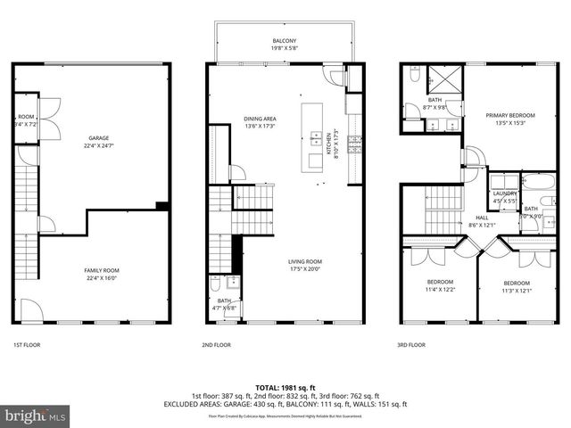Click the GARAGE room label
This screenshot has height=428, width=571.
[x=99, y=138]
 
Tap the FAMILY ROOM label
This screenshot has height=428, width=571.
[x=101, y=270]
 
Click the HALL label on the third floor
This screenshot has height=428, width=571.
[x=481, y=217]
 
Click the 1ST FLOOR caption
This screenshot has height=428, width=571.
[x=27, y=344]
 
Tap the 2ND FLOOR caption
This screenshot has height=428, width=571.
[x=217, y=344]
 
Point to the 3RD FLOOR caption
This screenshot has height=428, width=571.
[x=411, y=344]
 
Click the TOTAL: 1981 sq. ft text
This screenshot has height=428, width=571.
[x=285, y=387]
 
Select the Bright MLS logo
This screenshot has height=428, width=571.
[x=36, y=416]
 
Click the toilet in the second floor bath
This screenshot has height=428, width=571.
[x=216, y=287]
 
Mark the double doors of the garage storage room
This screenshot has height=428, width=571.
[x=49, y=121]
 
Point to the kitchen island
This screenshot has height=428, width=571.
[x=315, y=138]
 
